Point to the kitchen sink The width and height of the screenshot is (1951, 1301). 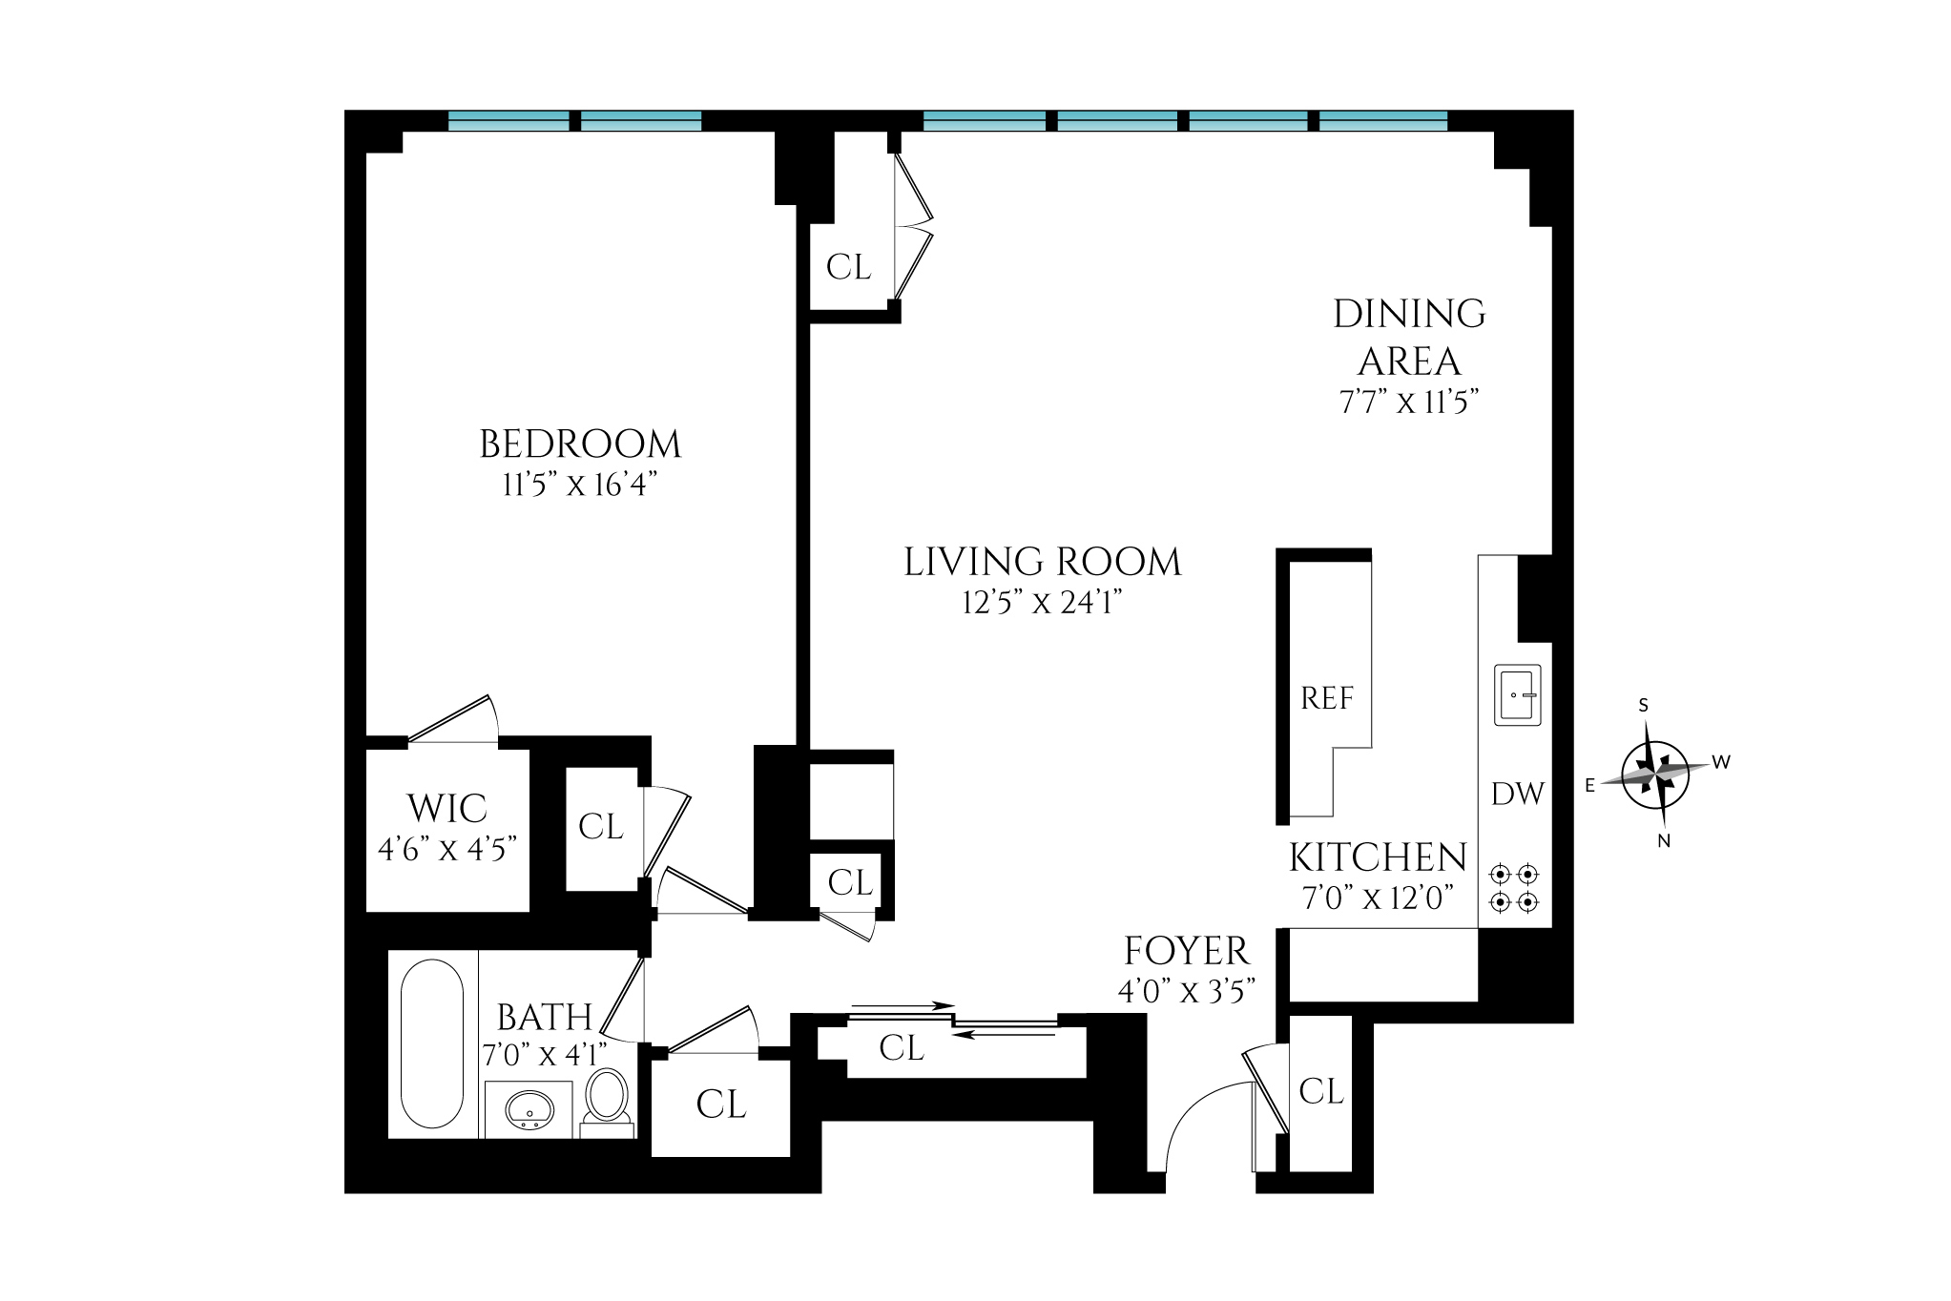click(1517, 695)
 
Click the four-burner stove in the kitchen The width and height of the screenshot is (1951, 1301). click(1515, 887)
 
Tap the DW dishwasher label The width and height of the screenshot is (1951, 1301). click(1517, 794)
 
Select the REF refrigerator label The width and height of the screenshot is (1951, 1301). click(1327, 699)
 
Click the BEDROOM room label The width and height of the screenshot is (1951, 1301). click(580, 444)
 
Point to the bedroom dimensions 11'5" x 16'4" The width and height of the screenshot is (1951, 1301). click(580, 485)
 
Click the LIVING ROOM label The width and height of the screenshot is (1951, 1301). click(1042, 562)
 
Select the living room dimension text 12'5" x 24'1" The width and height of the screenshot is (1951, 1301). click(1042, 603)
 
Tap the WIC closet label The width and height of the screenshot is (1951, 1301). click(447, 809)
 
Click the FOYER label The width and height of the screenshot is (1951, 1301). click(1186, 951)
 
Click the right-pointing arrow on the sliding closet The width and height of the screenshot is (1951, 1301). click(902, 1005)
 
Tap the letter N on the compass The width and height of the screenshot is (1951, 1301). click(1664, 841)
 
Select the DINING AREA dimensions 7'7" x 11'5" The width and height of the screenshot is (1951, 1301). click(1409, 403)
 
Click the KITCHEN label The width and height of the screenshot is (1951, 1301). click(1378, 857)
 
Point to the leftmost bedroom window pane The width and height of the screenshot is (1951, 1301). click(509, 121)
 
